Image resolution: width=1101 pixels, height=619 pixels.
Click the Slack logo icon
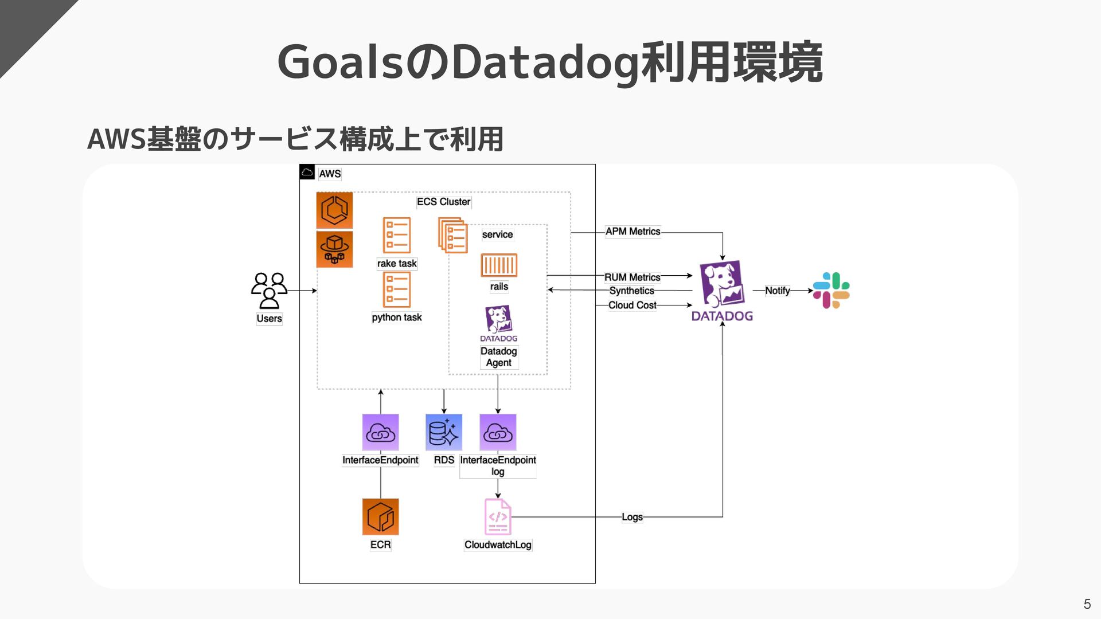point(831,291)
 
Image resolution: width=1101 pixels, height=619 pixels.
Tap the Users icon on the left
point(269,291)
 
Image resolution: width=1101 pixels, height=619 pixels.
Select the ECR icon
point(380,516)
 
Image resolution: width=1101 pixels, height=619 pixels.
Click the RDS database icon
point(444,432)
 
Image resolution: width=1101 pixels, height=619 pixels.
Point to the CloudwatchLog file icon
point(498,516)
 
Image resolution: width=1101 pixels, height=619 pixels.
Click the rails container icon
point(499,265)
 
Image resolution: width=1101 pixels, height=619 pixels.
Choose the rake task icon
point(397,235)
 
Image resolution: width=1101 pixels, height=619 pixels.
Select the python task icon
point(397,289)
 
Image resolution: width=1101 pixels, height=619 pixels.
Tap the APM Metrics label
point(633,232)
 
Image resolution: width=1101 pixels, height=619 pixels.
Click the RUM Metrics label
point(632,277)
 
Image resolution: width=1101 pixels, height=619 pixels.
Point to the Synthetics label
point(631,291)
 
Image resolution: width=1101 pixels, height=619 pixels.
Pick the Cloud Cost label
point(632,305)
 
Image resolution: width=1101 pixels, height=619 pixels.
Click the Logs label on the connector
point(632,517)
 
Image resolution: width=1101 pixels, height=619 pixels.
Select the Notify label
point(777,291)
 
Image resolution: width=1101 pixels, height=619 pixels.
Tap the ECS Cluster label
point(443,202)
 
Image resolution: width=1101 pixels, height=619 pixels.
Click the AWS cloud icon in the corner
point(307,172)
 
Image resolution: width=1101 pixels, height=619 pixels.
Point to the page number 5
point(1087,604)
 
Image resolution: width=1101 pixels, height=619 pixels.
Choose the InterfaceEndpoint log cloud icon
point(498,432)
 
